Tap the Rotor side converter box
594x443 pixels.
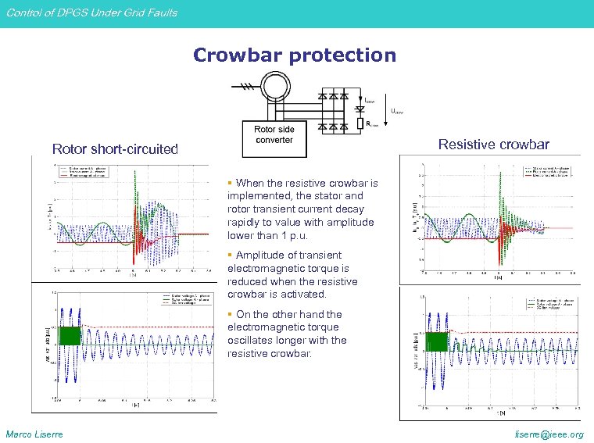tap(274, 134)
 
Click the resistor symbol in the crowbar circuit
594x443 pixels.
tap(360, 123)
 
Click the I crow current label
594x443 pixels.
tap(370, 100)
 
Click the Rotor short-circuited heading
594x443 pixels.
tap(115, 148)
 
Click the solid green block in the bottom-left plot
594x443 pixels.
tap(70, 336)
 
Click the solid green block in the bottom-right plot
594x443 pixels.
tap(435, 341)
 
